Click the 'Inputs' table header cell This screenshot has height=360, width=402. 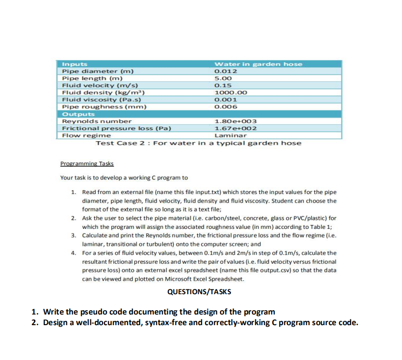[x=74, y=64]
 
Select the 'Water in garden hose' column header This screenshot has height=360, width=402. [x=258, y=64]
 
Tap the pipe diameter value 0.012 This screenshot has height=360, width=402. [x=225, y=71]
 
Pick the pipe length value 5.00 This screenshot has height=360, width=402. [x=223, y=78]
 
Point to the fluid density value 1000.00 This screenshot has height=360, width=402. [x=230, y=92]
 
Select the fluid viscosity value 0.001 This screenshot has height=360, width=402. [x=225, y=100]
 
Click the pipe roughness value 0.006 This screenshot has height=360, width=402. [x=225, y=107]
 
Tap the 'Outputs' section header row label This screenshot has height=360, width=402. [x=77, y=114]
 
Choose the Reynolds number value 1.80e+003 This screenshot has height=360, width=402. [x=235, y=121]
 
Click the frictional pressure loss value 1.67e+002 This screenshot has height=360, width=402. [x=235, y=128]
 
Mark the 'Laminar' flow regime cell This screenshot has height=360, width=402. [x=230, y=135]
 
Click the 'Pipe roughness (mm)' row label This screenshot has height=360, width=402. [x=104, y=107]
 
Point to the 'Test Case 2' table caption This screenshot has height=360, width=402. [x=198, y=143]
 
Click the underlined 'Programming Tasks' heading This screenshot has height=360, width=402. [x=87, y=164]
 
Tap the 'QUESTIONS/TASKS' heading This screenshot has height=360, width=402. [x=199, y=292]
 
